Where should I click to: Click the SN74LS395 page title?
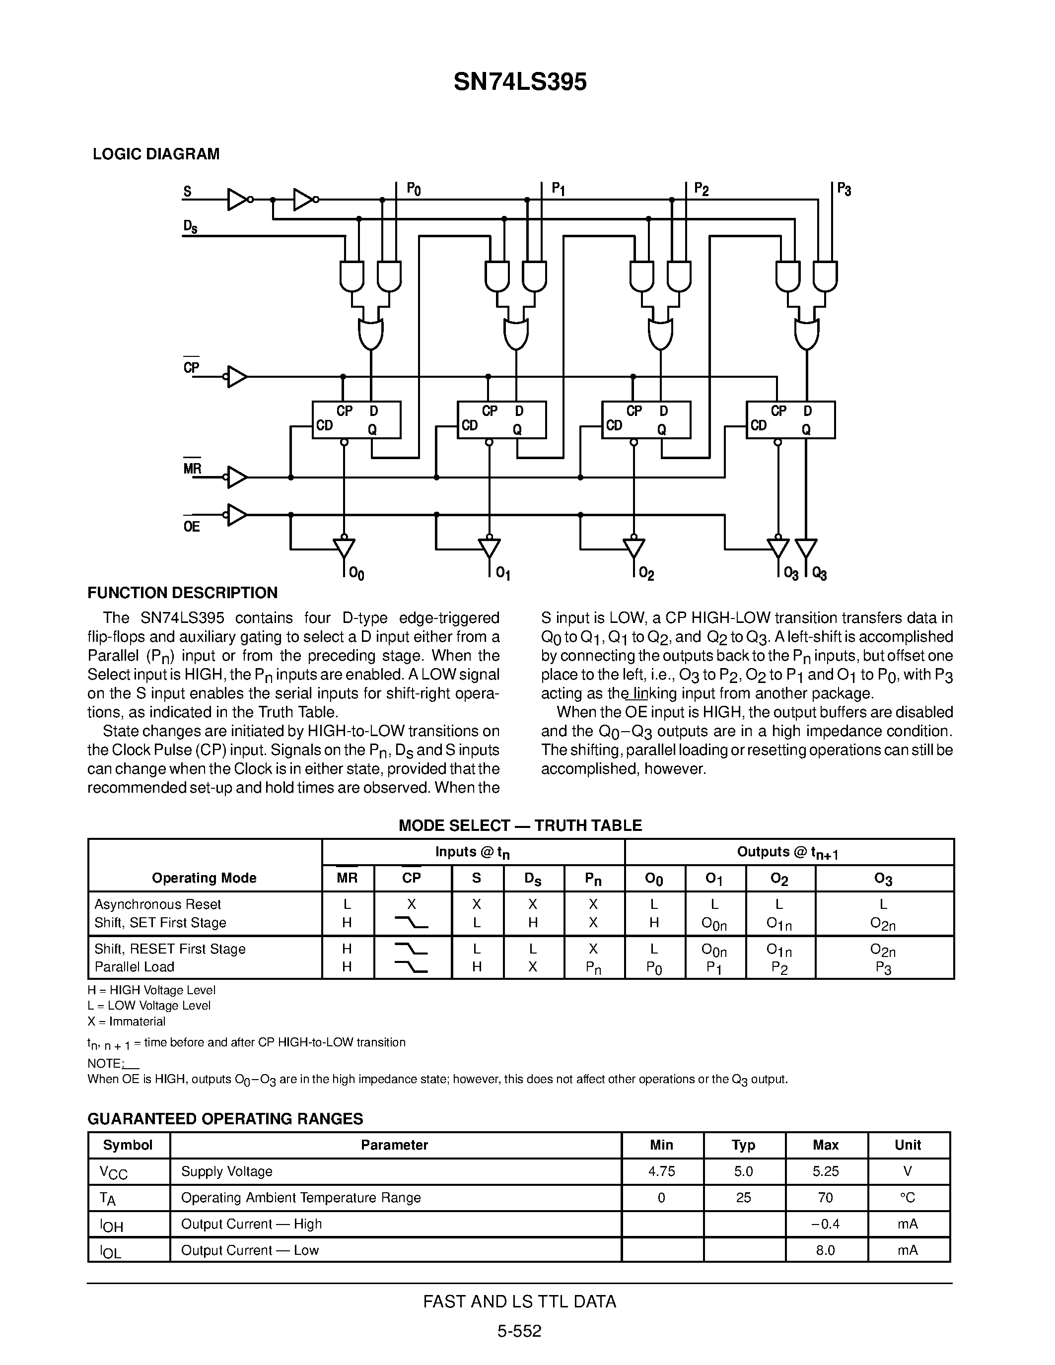click(520, 82)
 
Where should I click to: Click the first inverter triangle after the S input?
click(237, 200)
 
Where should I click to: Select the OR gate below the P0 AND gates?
click(371, 335)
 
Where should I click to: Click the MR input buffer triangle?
click(237, 477)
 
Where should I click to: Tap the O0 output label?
click(356, 573)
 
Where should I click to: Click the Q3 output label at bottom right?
click(819, 574)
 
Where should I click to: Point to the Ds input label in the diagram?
click(190, 227)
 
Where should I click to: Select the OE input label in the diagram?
click(191, 526)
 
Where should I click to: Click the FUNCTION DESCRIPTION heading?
click(183, 593)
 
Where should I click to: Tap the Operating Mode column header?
click(205, 878)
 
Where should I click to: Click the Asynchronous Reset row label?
click(157, 904)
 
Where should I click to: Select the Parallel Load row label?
click(135, 967)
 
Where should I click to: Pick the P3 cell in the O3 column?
click(883, 968)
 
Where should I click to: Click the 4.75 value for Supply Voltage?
click(662, 1171)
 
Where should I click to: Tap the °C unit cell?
click(908, 1198)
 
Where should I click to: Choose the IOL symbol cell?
click(111, 1251)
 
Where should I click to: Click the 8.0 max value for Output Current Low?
click(825, 1250)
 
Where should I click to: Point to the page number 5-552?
click(519, 1331)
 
